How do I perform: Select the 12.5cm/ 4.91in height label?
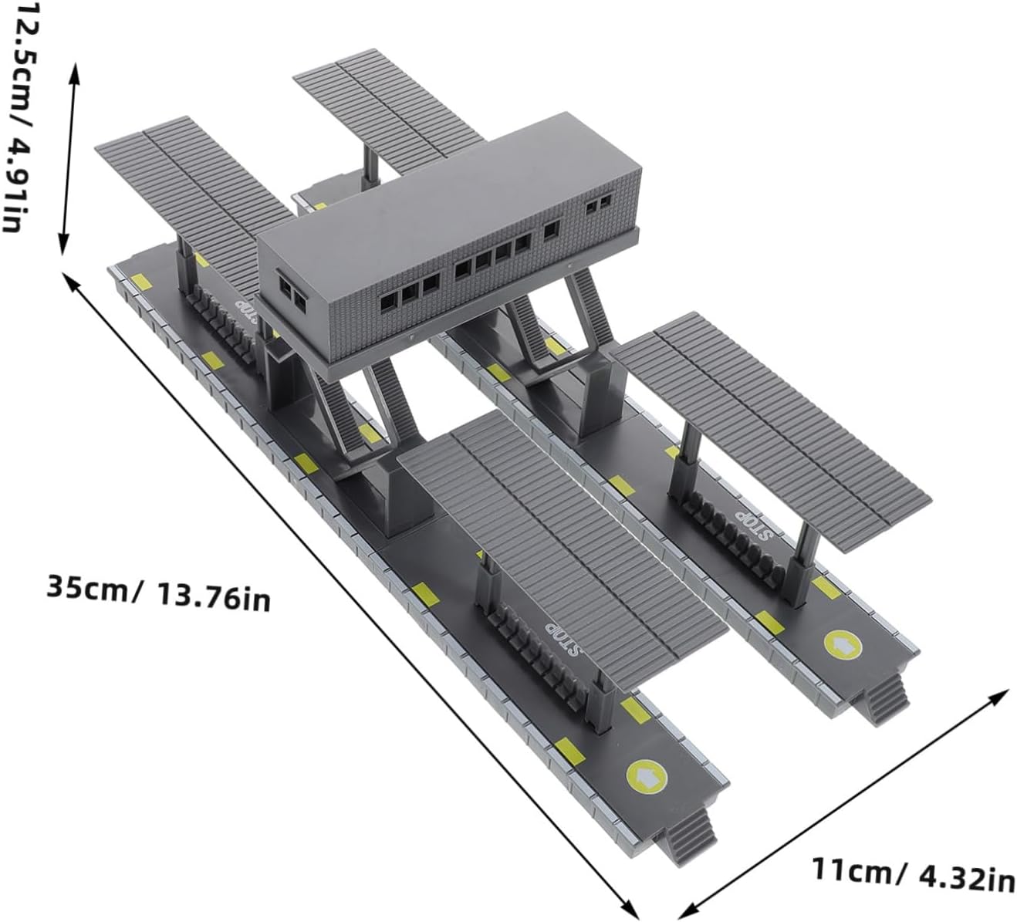pyautogui.click(x=22, y=117)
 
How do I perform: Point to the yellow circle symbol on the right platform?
pyautogui.click(x=843, y=645)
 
